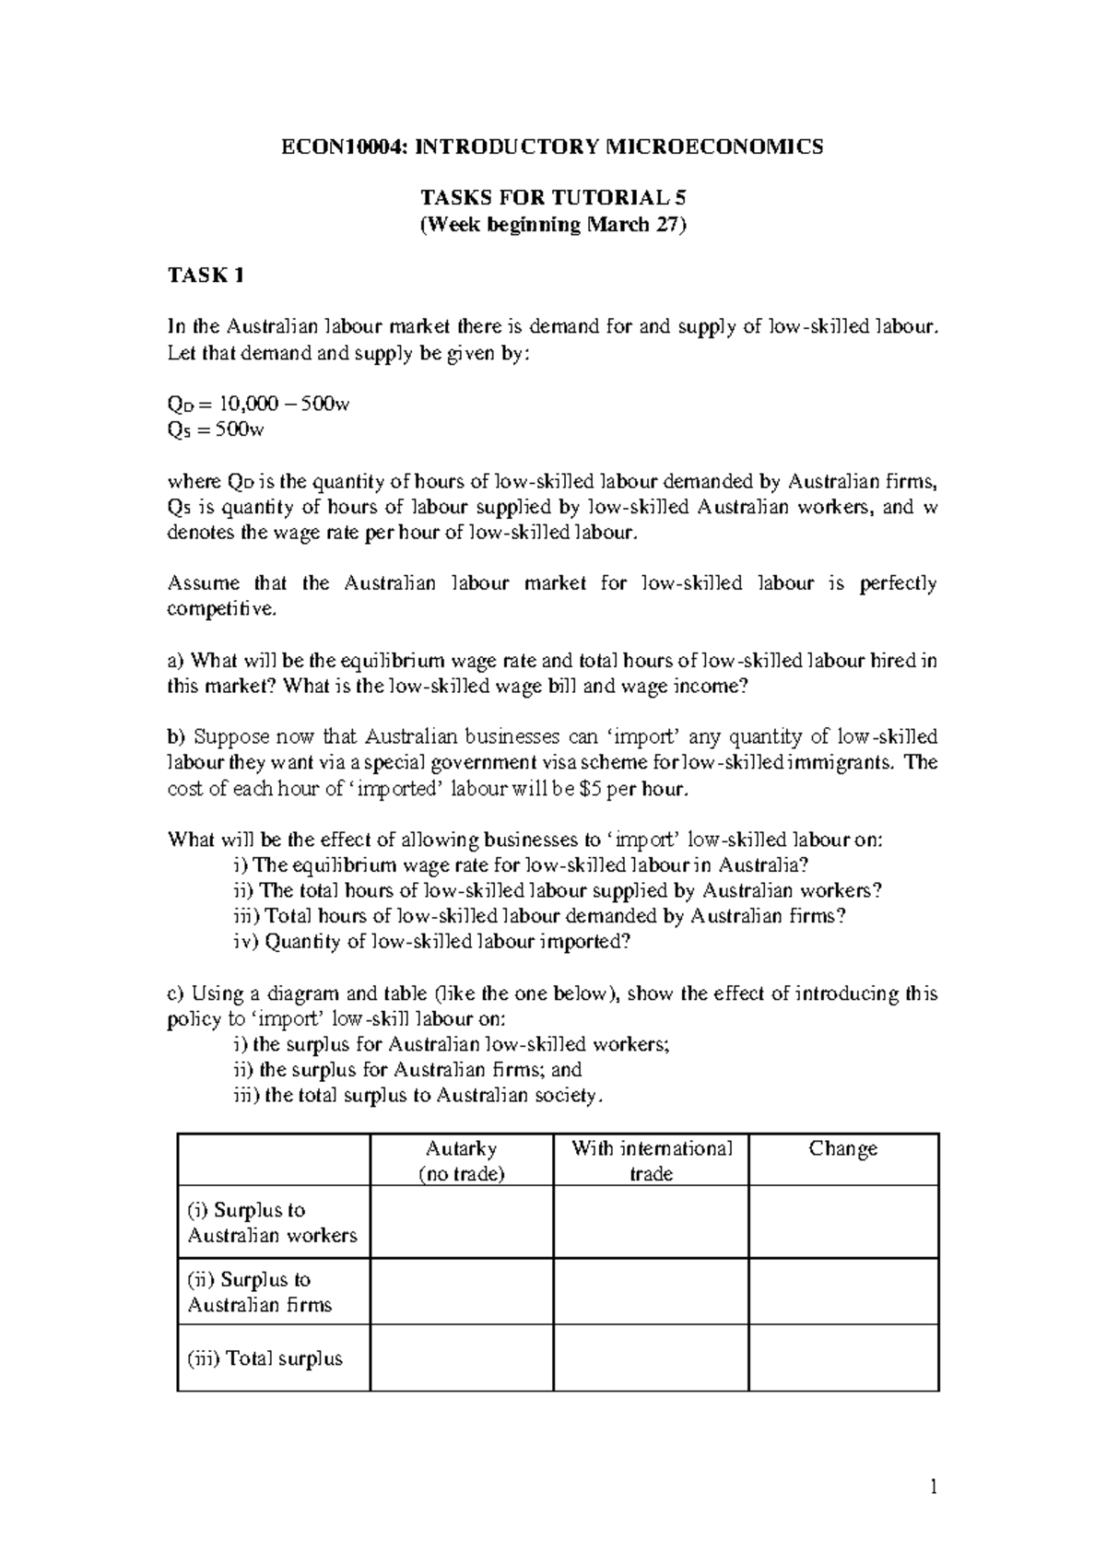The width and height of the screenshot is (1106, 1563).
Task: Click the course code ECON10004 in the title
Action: pos(335,147)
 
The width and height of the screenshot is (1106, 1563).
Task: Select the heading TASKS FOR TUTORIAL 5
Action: pos(553,198)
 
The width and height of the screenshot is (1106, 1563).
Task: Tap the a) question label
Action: pos(175,661)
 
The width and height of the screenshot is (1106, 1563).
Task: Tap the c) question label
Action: pos(175,993)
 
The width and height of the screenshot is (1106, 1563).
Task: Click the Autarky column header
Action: pos(461,1148)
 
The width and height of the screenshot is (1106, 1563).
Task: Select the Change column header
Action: pos(842,1148)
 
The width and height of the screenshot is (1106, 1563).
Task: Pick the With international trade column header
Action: pos(651,1160)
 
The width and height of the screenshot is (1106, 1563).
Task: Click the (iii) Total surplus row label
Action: pos(265,1358)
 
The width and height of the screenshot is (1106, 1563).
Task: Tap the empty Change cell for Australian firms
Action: pos(842,1291)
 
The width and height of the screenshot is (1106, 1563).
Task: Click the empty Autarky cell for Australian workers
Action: pos(461,1222)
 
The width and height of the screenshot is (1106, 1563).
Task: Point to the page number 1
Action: pos(934,1487)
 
